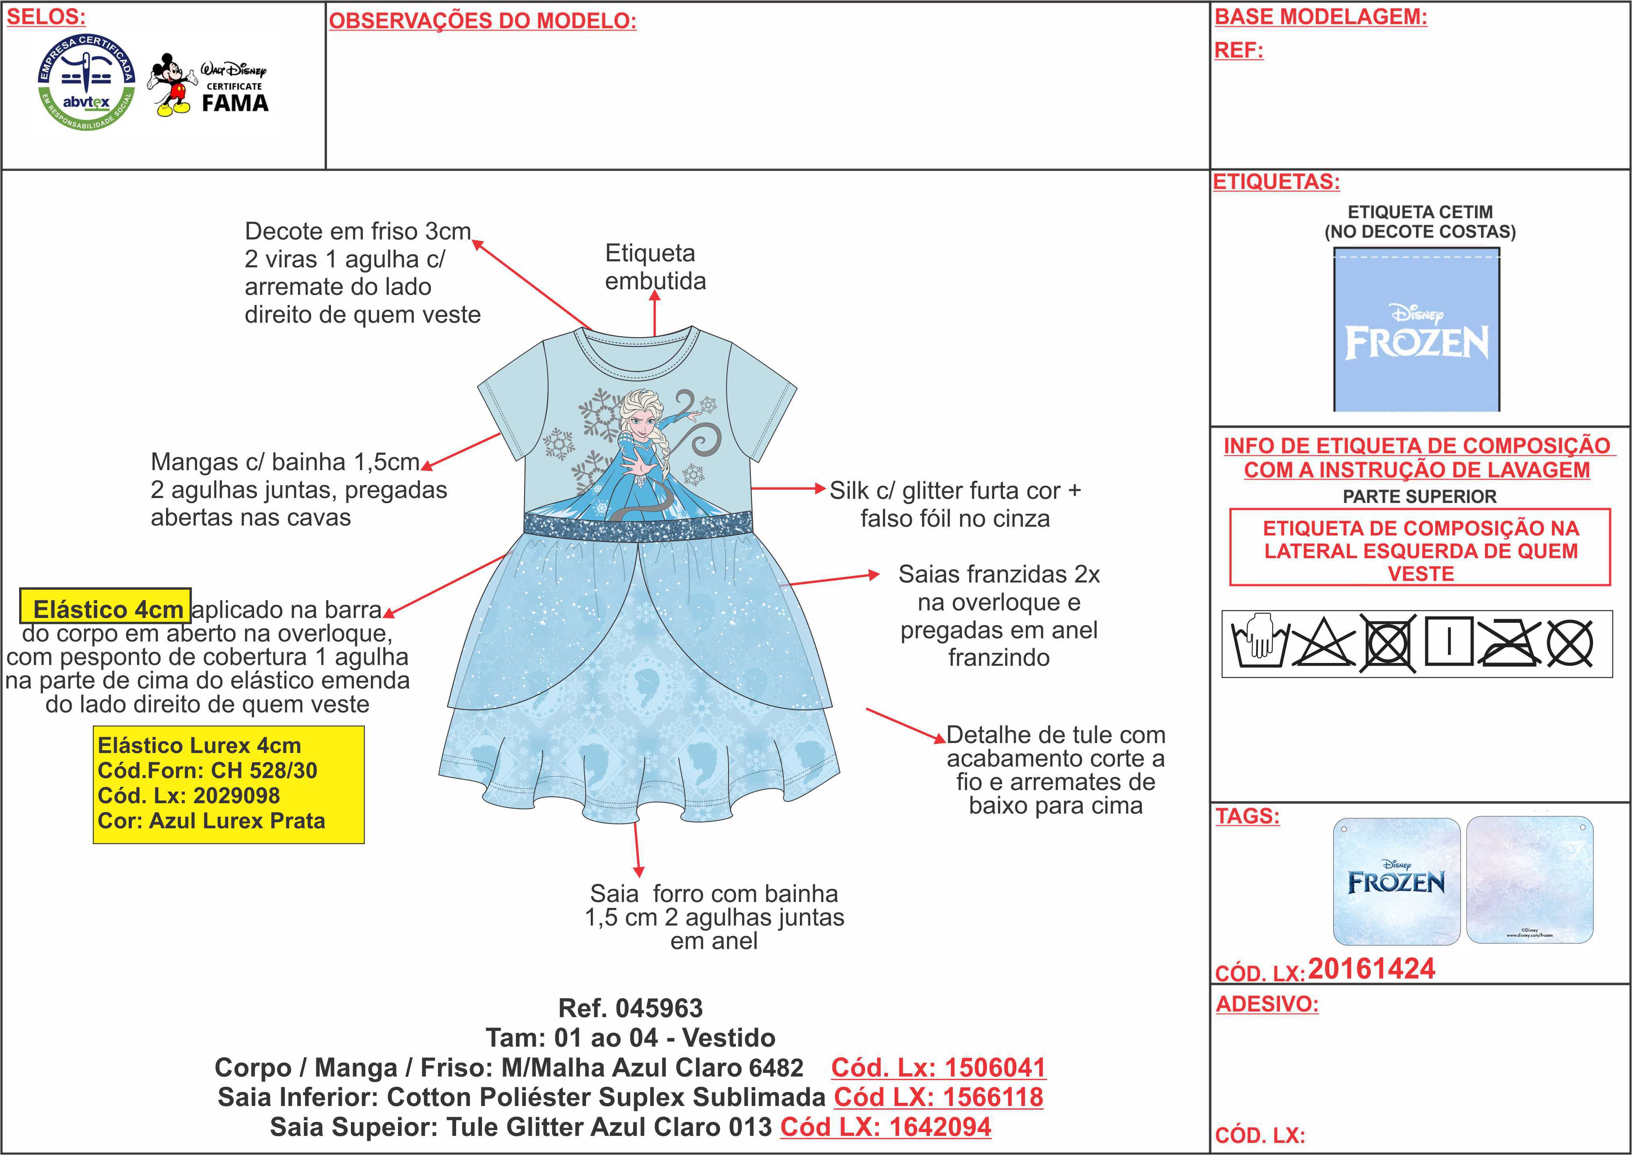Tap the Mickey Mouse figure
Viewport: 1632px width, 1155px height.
171,84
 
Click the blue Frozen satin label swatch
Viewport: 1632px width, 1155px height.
1416,329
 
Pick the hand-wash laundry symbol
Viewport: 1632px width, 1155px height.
1259,642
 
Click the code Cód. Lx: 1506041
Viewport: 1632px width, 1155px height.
938,1067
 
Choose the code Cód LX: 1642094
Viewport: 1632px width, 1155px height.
886,1127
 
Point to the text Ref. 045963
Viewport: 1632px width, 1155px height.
630,1008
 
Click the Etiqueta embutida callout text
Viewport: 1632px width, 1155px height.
655,267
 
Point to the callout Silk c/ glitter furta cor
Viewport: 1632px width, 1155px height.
955,491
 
